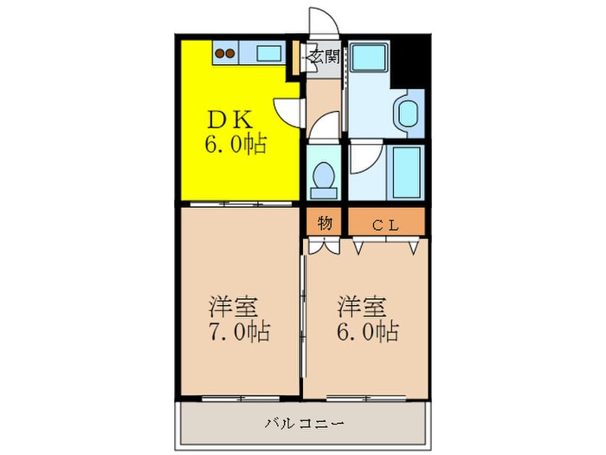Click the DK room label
click(230, 120)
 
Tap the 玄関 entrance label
click(325, 57)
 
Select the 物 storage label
click(325, 224)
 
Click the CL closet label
click(386, 225)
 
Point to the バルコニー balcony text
click(304, 424)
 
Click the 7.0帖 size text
click(240, 332)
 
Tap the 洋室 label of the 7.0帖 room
click(233, 307)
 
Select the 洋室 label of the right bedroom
click(361, 307)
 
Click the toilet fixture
click(324, 180)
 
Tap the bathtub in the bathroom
click(406, 172)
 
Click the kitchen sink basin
click(269, 54)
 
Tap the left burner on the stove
click(220, 54)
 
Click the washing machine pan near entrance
click(369, 56)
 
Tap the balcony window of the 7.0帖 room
click(241, 398)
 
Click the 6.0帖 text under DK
click(235, 145)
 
